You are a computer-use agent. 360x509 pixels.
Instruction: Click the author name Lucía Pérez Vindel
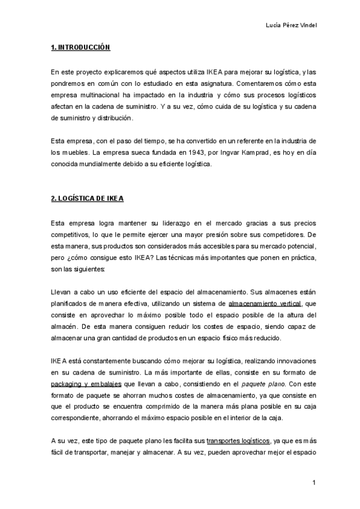pos(291,25)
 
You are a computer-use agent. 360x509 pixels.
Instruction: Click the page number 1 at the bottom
pos(314,482)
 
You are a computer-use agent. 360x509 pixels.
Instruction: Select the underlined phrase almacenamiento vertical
pos(265,304)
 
